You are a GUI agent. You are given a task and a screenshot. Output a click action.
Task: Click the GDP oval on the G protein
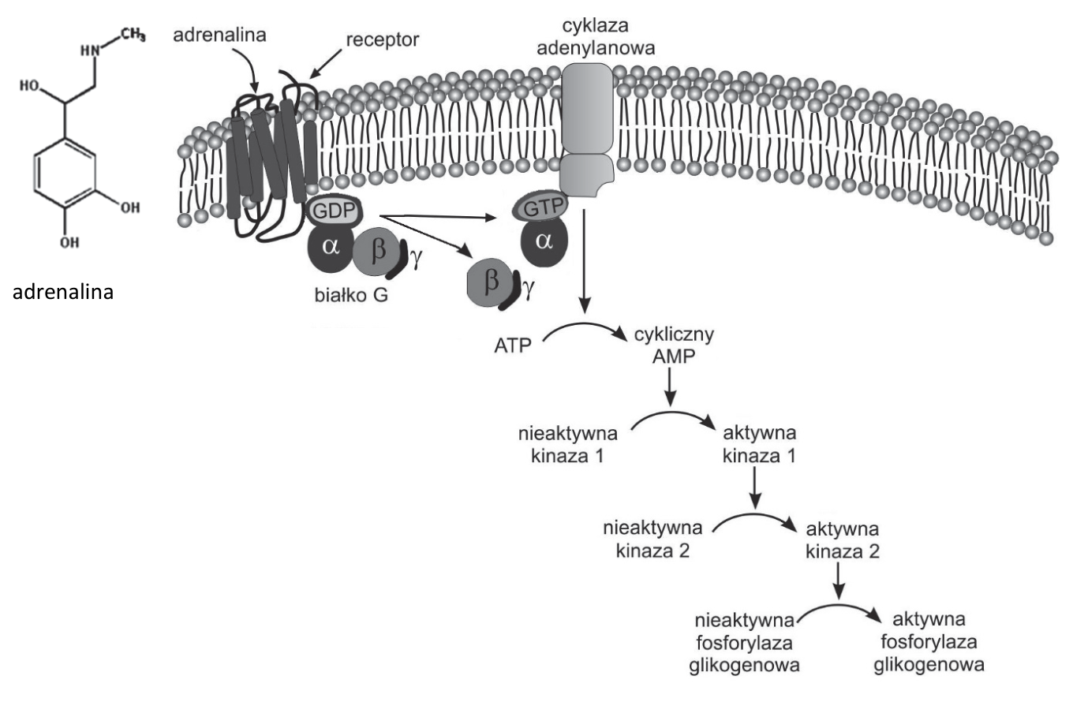(334, 211)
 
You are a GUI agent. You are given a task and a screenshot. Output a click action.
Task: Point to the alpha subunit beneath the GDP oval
(330, 247)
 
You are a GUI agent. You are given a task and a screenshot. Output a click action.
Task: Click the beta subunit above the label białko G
(377, 252)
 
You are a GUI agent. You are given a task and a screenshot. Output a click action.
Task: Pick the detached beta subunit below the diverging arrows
(490, 282)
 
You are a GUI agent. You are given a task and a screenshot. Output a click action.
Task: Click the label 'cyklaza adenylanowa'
(596, 36)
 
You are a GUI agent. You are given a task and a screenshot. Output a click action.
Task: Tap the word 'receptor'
(382, 39)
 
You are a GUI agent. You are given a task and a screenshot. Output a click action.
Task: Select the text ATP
(513, 345)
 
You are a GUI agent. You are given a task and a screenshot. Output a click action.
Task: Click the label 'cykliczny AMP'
(674, 345)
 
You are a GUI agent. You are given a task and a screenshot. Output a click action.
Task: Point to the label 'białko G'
(351, 295)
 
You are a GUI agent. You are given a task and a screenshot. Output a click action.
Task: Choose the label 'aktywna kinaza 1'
(759, 444)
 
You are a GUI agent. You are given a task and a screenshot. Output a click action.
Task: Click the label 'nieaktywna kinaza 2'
(653, 540)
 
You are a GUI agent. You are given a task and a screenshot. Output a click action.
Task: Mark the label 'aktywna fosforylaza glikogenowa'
(929, 642)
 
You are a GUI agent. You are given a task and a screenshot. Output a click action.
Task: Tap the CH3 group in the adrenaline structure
(133, 35)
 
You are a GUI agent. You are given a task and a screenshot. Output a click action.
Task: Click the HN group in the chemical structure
(91, 50)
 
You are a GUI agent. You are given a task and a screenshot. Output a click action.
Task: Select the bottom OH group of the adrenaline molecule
(69, 242)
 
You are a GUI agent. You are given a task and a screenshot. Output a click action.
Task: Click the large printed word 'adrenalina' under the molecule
(63, 292)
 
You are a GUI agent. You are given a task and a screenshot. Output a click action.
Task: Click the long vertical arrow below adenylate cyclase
(585, 261)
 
